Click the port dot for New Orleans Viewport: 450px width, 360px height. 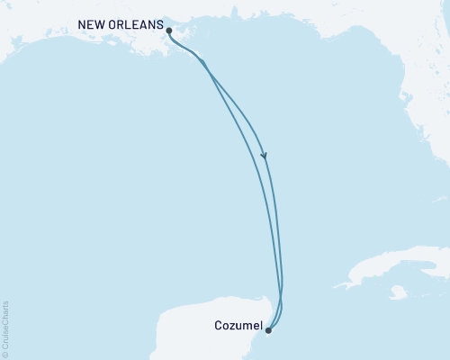pyautogui.click(x=169, y=31)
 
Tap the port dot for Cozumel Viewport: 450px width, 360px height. pyautogui.click(x=268, y=330)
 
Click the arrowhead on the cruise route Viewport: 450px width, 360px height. pyautogui.click(x=265, y=156)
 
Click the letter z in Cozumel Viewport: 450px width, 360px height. pyautogui.click(x=234, y=326)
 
